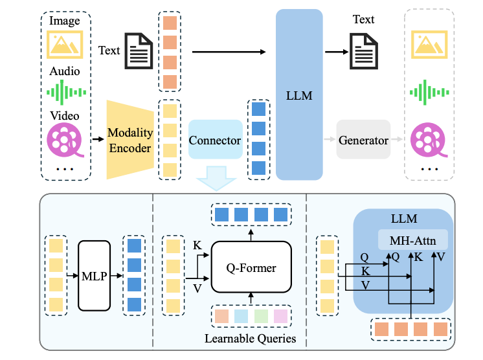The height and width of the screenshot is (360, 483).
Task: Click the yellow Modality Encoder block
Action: pyautogui.click(x=130, y=139)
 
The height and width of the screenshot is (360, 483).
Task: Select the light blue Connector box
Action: pyautogui.click(x=216, y=139)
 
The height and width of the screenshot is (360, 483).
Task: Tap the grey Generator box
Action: pyautogui.click(x=363, y=139)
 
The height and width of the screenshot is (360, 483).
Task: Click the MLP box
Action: pyautogui.click(x=95, y=276)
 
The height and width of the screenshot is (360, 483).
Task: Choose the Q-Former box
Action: pyautogui.click(x=251, y=267)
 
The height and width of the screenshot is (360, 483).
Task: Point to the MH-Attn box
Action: pyautogui.click(x=413, y=240)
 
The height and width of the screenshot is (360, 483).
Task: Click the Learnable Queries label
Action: pyautogui.click(x=250, y=339)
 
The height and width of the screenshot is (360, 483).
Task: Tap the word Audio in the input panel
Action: pyautogui.click(x=65, y=71)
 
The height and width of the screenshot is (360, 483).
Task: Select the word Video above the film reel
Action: pyautogui.click(x=65, y=116)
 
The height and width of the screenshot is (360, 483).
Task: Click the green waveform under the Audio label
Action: pyautogui.click(x=66, y=92)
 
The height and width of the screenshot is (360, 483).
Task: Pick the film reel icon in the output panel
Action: pyautogui.click(x=429, y=140)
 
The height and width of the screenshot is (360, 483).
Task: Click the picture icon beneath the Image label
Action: pyautogui.click(x=65, y=44)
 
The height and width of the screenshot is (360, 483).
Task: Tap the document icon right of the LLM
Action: pyautogui.click(x=363, y=51)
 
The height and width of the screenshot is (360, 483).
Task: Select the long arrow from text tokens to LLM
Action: pyautogui.click(x=229, y=52)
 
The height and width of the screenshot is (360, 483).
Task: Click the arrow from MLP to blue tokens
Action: pyautogui.click(x=117, y=276)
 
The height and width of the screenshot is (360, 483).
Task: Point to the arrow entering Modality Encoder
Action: pyautogui.click(x=98, y=139)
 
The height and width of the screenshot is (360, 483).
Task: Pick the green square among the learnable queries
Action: pyautogui.click(x=261, y=316)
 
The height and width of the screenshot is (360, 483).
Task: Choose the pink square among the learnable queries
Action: pyautogui.click(x=280, y=316)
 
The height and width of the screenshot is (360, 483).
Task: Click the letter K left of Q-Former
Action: pyautogui.click(x=197, y=245)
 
